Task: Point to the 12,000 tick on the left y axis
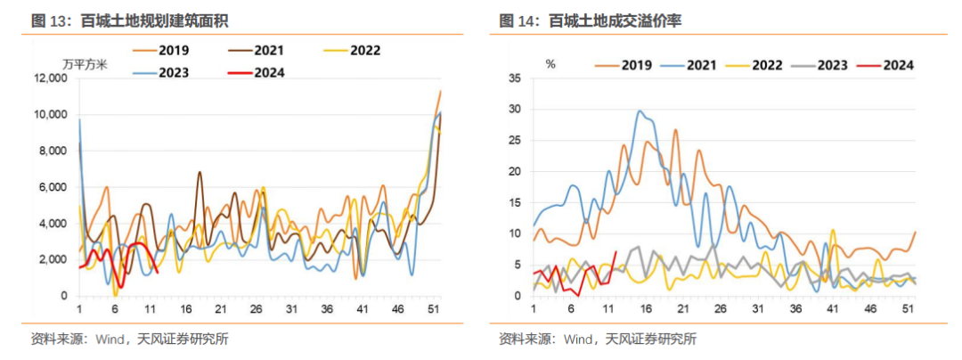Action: [x=50, y=78]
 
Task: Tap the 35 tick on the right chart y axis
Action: [x=513, y=78]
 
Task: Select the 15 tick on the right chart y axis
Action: [x=513, y=202]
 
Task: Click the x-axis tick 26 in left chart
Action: [x=257, y=308]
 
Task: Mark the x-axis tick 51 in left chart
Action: [x=433, y=308]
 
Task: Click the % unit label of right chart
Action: [x=550, y=64]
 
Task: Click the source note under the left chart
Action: [x=123, y=339]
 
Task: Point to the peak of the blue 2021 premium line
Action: [x=640, y=111]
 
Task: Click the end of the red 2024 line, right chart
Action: [x=616, y=252]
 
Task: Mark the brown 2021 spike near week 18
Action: [x=200, y=172]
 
